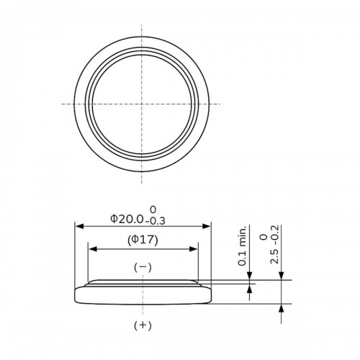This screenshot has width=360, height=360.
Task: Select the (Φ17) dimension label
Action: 143,240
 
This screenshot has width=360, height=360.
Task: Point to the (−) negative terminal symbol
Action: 143,267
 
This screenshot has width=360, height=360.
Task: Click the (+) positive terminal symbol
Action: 143,325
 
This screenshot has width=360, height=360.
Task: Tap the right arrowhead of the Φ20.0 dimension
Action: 209,226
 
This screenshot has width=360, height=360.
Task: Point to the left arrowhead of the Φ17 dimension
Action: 91,250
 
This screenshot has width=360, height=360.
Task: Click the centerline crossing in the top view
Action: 143,104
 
